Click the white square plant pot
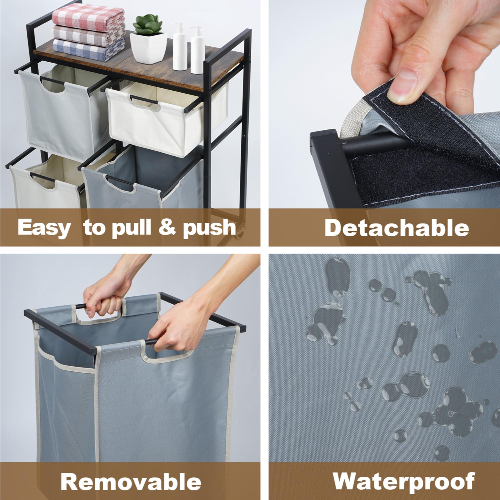tap(148, 48)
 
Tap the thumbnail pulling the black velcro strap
tap(402, 87)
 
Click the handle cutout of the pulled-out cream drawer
tap(144, 103)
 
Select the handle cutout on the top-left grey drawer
tap(52, 85)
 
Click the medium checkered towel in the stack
tap(89, 35)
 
